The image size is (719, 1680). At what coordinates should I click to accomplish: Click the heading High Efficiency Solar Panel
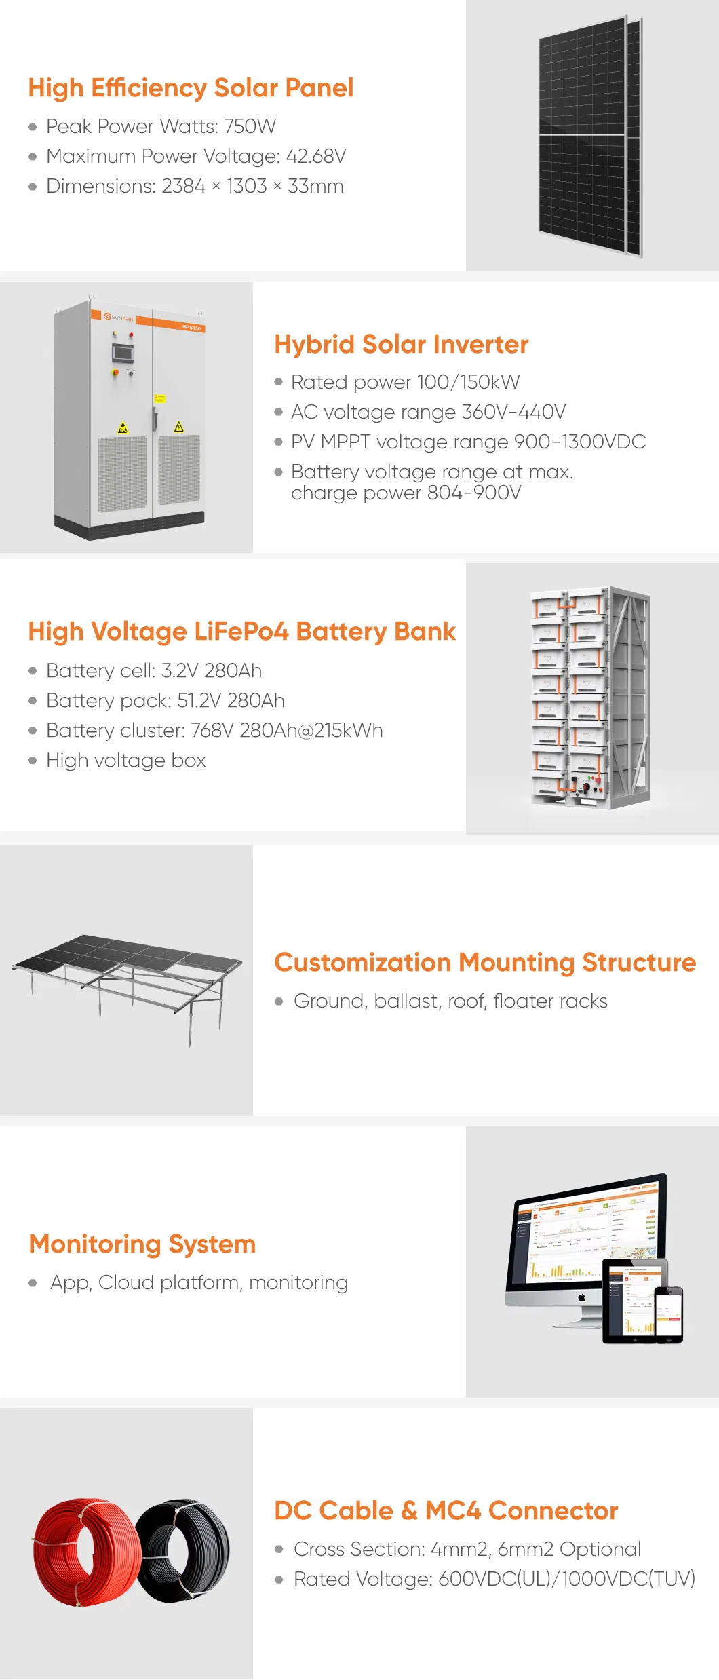coord(191,88)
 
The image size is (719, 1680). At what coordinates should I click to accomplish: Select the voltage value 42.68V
coord(316,156)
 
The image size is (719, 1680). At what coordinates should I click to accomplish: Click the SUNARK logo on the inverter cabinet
coord(119,317)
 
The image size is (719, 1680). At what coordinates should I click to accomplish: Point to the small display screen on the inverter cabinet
coord(122,353)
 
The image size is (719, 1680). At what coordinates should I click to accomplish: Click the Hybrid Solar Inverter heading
coord(402,344)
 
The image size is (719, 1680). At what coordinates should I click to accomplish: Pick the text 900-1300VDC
coord(580,442)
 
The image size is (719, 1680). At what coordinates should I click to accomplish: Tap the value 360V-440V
coord(513,412)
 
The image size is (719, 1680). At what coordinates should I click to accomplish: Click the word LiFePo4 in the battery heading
coord(241,632)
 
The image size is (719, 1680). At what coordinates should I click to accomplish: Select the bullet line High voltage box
coord(125,761)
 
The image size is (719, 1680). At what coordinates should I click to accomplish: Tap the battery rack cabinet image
coord(590,698)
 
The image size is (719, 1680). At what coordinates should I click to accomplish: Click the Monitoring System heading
coord(142,1244)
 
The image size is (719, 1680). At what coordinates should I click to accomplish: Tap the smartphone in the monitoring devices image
coord(668,1314)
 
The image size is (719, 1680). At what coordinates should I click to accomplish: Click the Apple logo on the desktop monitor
coord(581,1297)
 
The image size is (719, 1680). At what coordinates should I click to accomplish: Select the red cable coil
coord(87,1552)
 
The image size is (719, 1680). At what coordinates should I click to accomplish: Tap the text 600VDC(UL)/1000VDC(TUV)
coord(567,1579)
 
